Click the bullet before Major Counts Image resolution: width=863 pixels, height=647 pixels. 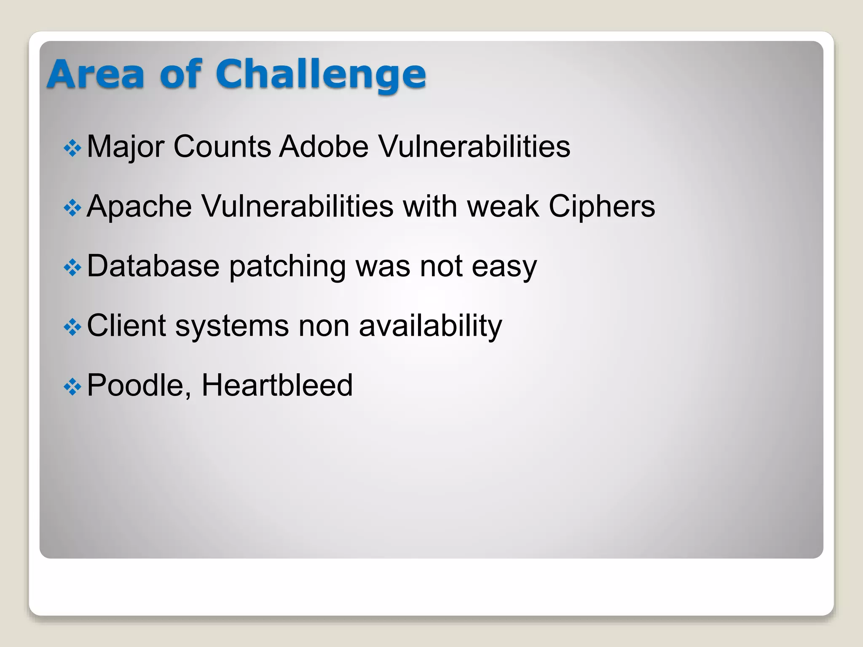click(72, 148)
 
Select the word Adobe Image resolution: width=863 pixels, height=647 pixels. click(324, 147)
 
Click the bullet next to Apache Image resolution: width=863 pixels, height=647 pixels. click(72, 208)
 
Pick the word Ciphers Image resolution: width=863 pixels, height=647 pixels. click(602, 206)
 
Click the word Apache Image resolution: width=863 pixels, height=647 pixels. click(139, 206)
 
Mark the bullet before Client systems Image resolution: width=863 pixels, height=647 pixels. click(72, 327)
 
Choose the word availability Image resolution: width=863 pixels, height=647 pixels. click(430, 326)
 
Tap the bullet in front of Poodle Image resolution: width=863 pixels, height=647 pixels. click(72, 387)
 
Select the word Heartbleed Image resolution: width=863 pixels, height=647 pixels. click(277, 385)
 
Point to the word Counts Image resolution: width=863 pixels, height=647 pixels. click(222, 147)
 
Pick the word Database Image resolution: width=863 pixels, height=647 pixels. click(153, 266)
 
